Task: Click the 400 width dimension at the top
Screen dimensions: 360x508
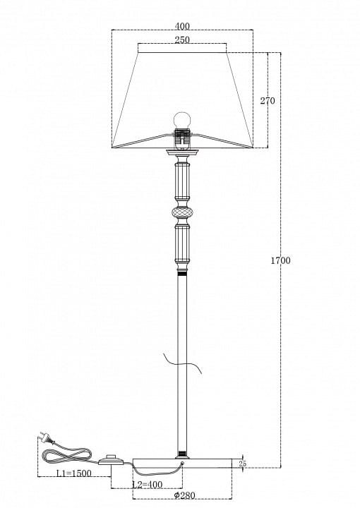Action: pos(182,26)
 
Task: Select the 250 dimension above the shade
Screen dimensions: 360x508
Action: pos(182,40)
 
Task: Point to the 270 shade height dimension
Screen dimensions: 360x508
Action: pos(268,101)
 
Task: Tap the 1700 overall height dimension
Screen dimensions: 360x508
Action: pos(281,260)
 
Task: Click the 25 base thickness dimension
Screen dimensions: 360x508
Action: pos(242,464)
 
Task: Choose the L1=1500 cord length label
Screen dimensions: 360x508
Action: pos(74,473)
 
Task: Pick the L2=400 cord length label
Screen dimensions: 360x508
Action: pos(148,485)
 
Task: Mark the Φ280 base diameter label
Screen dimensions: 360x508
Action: pos(184,495)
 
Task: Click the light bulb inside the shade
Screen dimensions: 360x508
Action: pos(182,121)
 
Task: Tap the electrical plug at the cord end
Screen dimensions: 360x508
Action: pos(46,437)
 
